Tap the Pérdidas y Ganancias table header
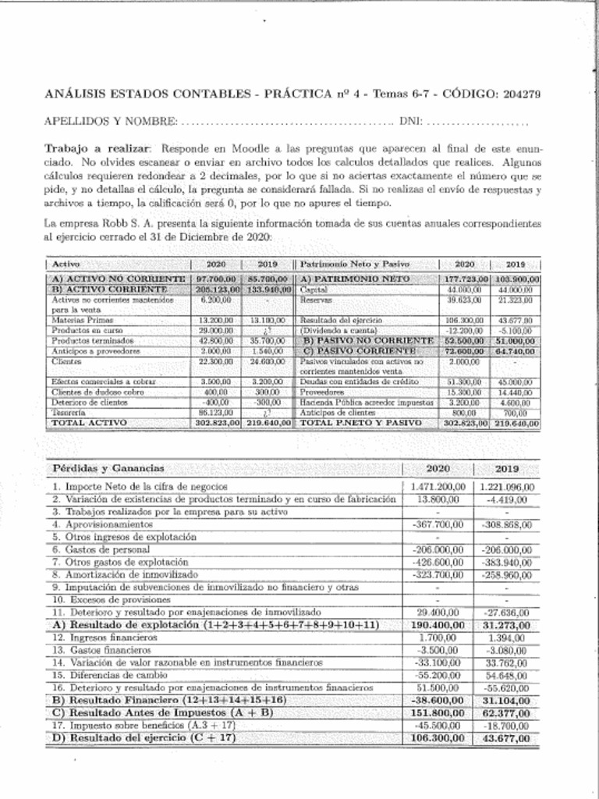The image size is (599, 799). [x=108, y=468]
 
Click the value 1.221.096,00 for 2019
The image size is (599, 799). [x=505, y=487]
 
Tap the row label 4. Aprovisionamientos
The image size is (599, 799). [x=97, y=525]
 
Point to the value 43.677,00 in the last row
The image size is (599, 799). [x=508, y=737]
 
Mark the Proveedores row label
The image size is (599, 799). [x=321, y=392]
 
